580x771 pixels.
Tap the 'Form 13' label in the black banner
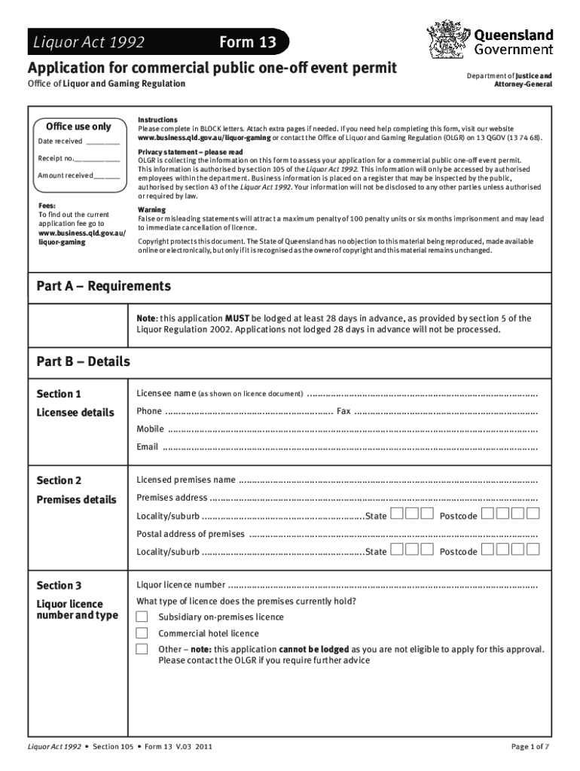[247, 43]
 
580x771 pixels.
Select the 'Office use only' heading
[78, 126]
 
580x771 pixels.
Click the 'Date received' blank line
[102, 142]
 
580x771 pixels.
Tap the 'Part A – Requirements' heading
[104, 286]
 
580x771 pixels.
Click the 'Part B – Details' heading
[84, 362]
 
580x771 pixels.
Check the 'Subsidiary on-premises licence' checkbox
[142, 617]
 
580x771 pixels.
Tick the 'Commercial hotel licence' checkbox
[142, 633]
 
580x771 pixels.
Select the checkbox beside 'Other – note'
[142, 649]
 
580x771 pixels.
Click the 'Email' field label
[147, 446]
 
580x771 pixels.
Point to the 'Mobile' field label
[150, 429]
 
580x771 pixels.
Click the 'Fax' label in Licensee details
[343, 411]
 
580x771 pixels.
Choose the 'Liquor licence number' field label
[180, 585]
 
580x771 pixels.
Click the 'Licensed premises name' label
[185, 480]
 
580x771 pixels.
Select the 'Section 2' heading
[59, 480]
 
